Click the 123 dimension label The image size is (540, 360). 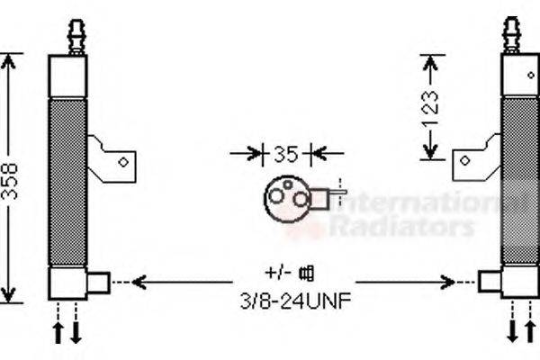click(x=433, y=105)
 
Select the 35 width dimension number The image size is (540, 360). click(x=285, y=153)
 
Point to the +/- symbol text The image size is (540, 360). click(x=275, y=271)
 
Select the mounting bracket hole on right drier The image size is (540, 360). click(x=465, y=160)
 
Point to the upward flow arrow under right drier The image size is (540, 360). click(x=528, y=331)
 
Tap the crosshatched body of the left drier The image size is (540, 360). click(x=68, y=180)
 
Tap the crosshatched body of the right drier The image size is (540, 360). click(x=518, y=180)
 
